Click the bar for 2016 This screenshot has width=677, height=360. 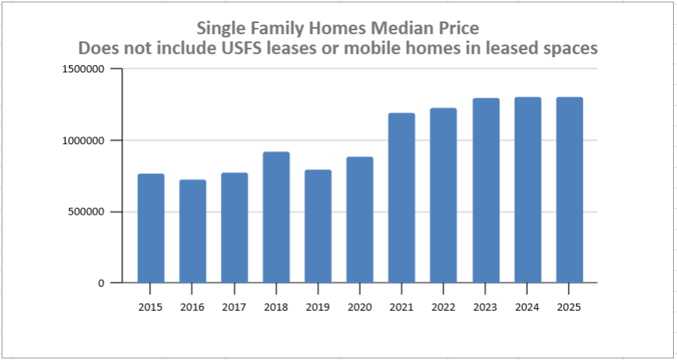[192, 231]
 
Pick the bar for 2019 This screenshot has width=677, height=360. [318, 226]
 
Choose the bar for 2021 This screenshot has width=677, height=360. [401, 198]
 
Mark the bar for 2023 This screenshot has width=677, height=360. [486, 191]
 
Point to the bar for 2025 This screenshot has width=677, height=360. [569, 190]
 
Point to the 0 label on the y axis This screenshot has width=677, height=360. [102, 283]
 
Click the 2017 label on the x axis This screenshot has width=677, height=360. [234, 307]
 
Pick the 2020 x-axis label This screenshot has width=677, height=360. [359, 307]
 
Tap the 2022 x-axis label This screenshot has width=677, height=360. [443, 307]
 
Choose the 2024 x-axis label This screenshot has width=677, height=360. [527, 307]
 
